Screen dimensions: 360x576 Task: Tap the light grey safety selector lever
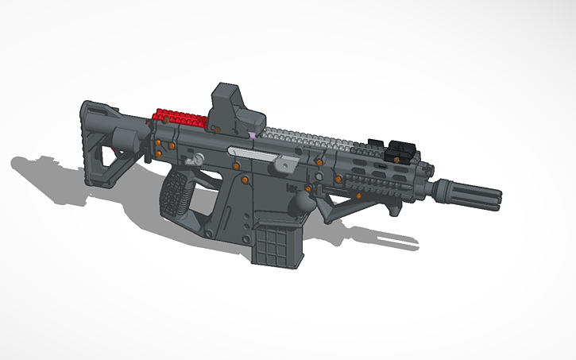(287, 164)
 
